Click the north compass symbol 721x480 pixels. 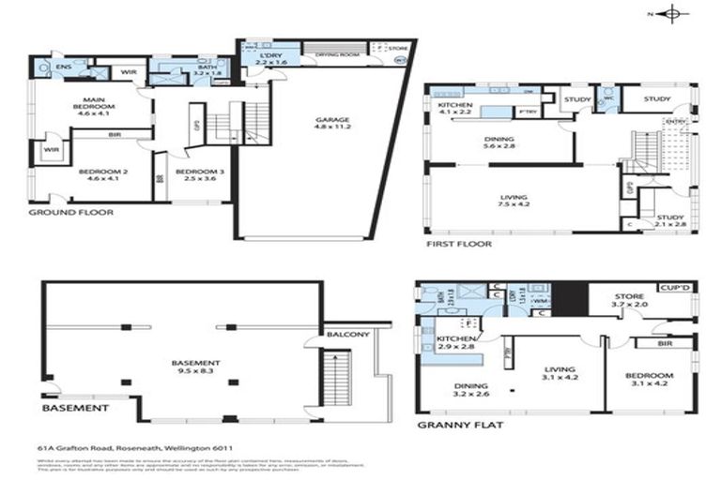671,13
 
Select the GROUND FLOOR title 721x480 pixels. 70,213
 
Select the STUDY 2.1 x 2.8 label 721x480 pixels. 669,221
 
